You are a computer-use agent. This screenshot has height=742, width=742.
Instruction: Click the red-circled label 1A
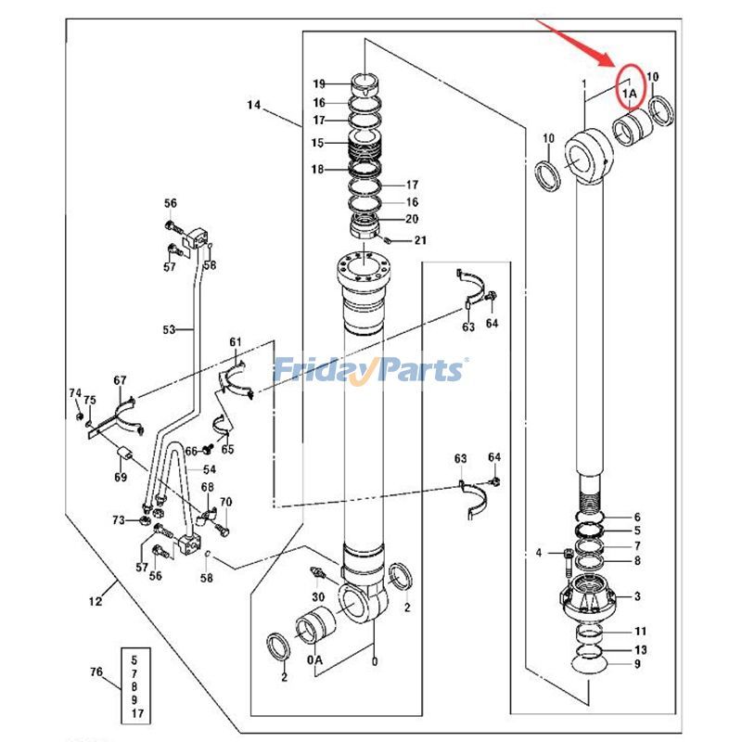[630, 92]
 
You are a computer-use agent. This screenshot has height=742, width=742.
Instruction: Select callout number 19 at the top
[318, 83]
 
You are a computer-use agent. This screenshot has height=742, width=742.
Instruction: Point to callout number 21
[420, 241]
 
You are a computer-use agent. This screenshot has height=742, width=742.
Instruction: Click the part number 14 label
[253, 106]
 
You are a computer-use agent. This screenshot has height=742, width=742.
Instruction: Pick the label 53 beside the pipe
[169, 329]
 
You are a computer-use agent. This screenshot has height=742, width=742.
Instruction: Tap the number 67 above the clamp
[121, 381]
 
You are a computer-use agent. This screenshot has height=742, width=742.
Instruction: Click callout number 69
[121, 477]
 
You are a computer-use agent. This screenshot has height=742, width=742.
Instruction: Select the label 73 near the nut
[119, 519]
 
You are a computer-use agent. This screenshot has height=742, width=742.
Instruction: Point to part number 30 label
[317, 596]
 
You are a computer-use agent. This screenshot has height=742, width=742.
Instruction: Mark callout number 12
[95, 602]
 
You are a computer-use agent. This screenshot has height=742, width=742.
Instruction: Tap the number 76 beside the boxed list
[95, 672]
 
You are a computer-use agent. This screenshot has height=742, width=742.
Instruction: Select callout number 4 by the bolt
[538, 554]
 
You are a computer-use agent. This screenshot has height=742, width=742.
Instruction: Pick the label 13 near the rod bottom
[640, 649]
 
